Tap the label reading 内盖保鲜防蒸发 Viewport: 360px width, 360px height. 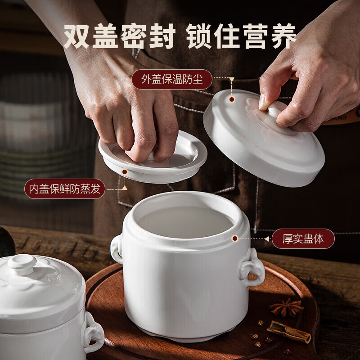(64, 189)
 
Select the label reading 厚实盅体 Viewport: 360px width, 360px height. (303, 239)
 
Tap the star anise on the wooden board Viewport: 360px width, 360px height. (287, 308)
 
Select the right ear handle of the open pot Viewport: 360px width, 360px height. (252, 268)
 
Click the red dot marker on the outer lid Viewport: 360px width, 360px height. (231, 99)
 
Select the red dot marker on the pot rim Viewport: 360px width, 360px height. (234, 238)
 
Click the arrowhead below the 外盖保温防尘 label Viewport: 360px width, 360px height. (231, 81)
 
